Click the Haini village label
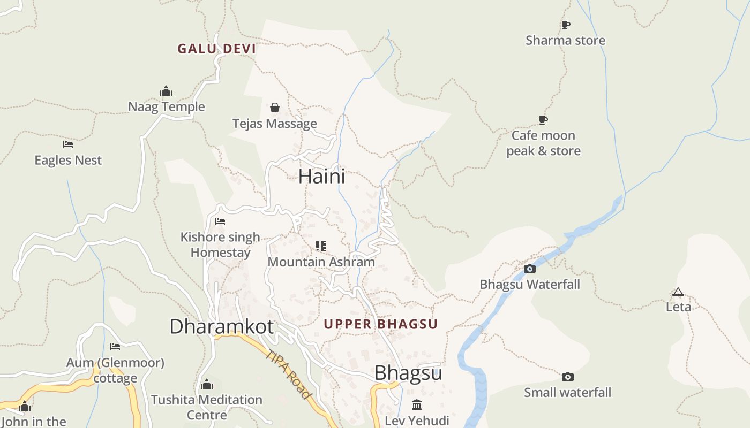(321, 176)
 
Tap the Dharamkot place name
(221, 326)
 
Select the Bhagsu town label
(408, 373)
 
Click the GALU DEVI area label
(216, 49)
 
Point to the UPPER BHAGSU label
(380, 324)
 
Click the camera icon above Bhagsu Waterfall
(530, 269)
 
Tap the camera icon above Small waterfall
(568, 377)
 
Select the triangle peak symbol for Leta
(678, 292)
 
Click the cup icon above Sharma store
(565, 25)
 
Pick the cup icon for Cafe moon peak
(543, 120)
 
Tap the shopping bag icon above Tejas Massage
(275, 108)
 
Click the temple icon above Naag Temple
(166, 91)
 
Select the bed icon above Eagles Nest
(67, 144)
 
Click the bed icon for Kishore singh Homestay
(220, 221)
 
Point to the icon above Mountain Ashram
(321, 246)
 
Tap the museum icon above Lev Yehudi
(417, 404)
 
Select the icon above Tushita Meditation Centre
(207, 384)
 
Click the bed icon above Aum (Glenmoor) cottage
(115, 347)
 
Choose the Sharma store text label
(565, 41)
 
